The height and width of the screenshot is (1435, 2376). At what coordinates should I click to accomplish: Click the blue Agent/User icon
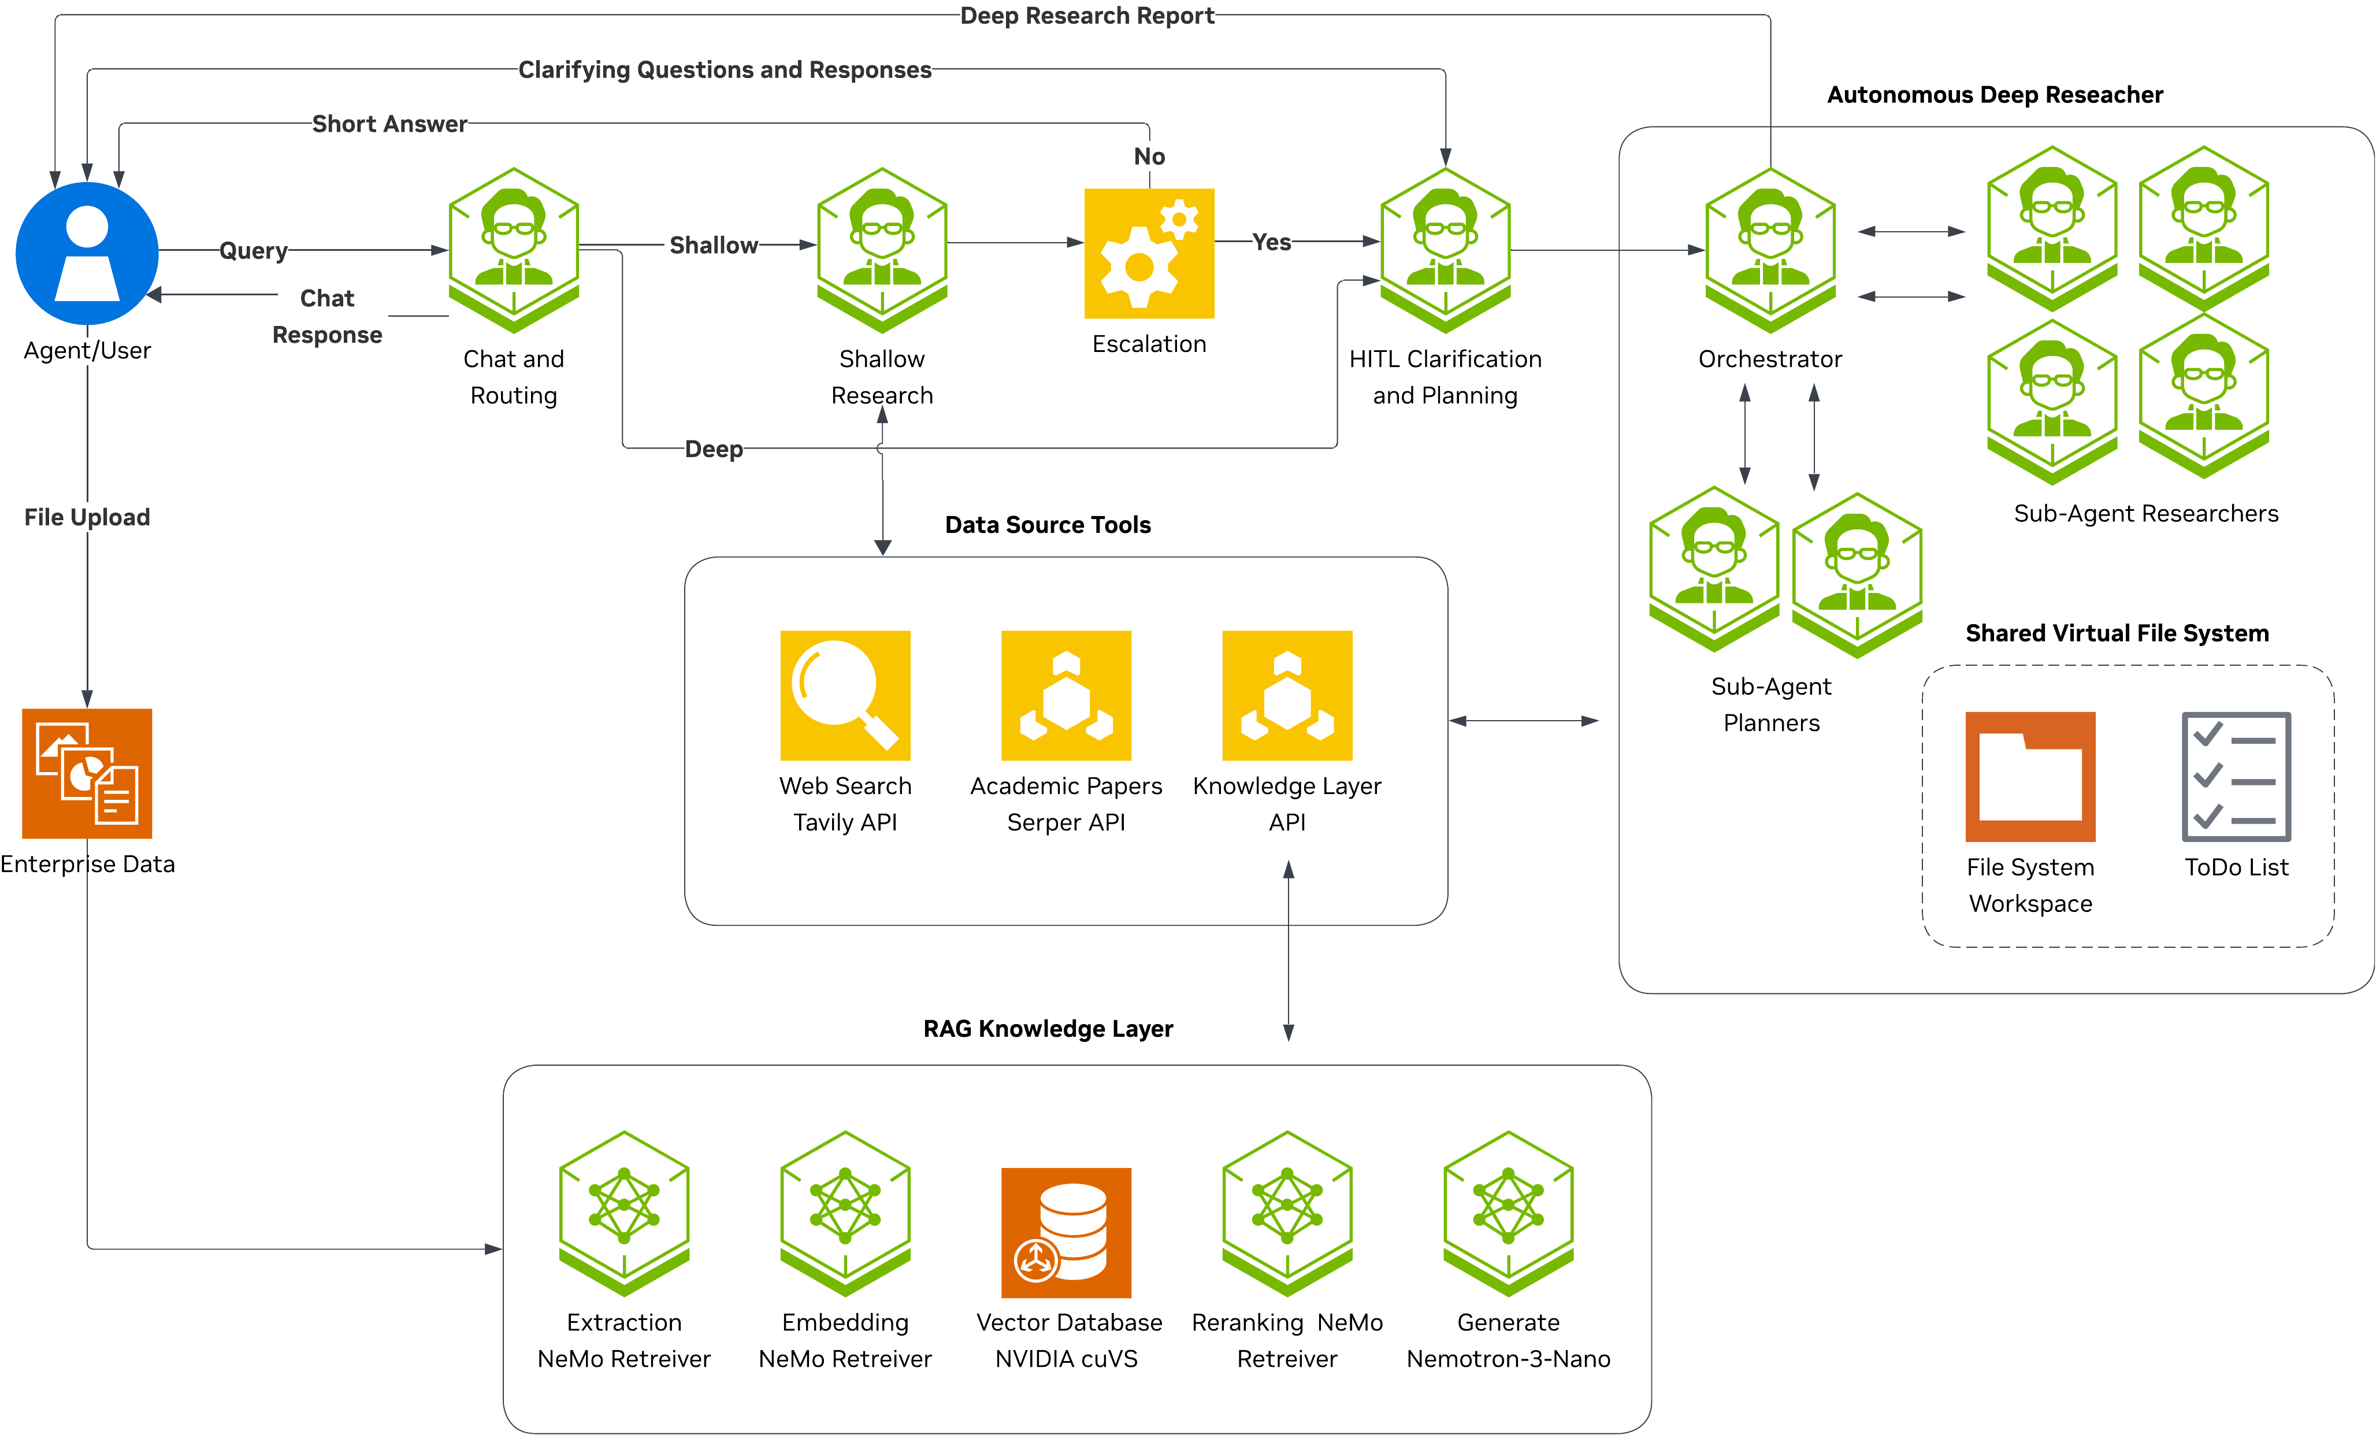coord(87,253)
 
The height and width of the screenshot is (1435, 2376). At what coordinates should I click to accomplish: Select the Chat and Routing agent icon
coord(514,250)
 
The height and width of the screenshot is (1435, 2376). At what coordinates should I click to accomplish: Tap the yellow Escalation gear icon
coord(1149,253)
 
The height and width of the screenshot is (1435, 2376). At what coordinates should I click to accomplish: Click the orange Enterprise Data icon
coord(87,773)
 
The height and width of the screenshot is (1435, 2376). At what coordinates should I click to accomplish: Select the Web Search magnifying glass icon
coord(845,695)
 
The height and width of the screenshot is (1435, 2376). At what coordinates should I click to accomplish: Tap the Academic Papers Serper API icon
coord(1066,695)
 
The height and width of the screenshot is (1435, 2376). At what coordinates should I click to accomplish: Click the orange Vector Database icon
coord(1066,1233)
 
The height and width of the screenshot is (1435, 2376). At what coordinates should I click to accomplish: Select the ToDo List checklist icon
coord(2236,776)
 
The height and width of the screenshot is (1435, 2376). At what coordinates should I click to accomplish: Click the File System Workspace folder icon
coord(2030,776)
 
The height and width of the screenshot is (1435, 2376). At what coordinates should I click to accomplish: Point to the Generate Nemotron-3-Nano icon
coord(1508,1213)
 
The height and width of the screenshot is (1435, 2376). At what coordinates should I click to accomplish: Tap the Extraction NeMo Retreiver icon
coord(624,1213)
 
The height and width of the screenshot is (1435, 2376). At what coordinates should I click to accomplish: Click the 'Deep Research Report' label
coord(1087,16)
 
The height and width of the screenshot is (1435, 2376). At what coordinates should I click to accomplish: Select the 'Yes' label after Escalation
coord(1271,242)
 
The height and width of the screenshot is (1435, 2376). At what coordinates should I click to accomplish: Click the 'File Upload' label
coord(87,517)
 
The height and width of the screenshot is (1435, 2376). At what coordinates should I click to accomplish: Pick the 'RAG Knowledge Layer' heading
coord(1047,1028)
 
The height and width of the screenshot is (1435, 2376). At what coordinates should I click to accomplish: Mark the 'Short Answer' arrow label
coord(389,124)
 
